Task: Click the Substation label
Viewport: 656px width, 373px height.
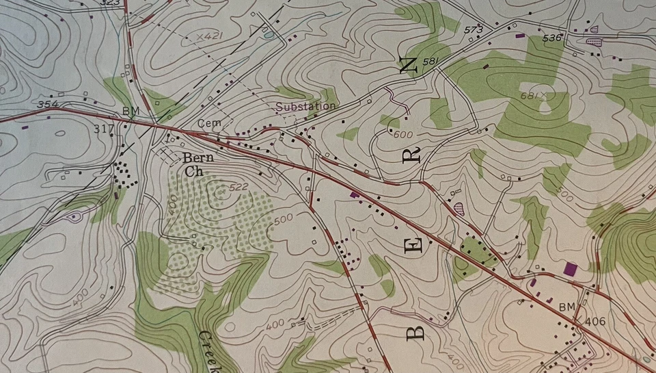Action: click(x=305, y=107)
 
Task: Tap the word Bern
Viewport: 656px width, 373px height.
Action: click(x=197, y=159)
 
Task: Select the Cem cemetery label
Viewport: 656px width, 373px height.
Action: click(x=206, y=123)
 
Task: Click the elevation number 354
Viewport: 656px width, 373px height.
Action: click(x=48, y=105)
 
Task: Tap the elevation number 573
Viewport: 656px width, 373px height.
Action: click(x=473, y=30)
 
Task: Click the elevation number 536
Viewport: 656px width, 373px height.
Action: click(x=551, y=38)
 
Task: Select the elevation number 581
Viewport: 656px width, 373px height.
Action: click(x=430, y=62)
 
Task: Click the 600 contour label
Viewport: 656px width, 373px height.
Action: click(x=403, y=135)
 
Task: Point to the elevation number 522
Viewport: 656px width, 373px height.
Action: click(x=238, y=187)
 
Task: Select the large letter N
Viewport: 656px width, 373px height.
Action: click(x=408, y=65)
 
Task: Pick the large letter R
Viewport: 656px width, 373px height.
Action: click(x=413, y=156)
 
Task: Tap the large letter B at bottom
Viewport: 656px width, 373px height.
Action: click(x=416, y=332)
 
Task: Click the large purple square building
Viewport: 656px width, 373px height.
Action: click(x=570, y=269)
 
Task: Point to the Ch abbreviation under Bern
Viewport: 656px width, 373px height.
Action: click(x=191, y=172)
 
